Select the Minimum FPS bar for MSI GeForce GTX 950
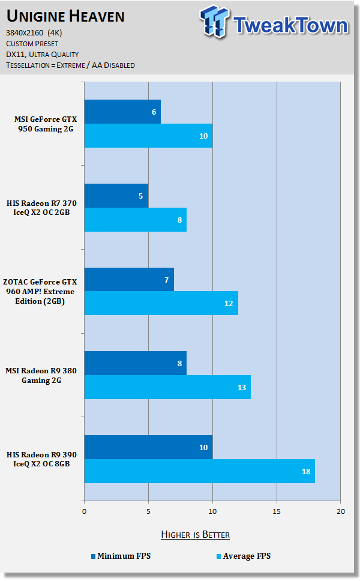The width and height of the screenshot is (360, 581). [122, 112]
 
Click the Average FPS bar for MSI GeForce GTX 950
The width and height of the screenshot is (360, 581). [148, 136]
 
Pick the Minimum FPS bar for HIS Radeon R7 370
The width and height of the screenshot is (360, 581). [116, 196]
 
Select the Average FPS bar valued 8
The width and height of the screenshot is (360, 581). [135, 220]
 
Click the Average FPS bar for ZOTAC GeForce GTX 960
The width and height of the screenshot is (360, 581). [161, 303]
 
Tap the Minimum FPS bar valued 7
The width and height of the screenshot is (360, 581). [129, 279]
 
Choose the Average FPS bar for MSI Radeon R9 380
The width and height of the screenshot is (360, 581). [167, 387]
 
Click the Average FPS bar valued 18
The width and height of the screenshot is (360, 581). [199, 471]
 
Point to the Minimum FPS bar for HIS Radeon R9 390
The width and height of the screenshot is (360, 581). [148, 447]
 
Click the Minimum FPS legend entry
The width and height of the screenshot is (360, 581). [121, 556]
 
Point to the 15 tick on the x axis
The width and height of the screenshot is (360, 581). [277, 511]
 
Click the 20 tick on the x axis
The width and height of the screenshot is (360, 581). [340, 511]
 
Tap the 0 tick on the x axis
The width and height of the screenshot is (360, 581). [85, 511]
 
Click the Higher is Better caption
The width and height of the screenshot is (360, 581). [195, 534]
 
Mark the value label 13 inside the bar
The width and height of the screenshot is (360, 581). [242, 388]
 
